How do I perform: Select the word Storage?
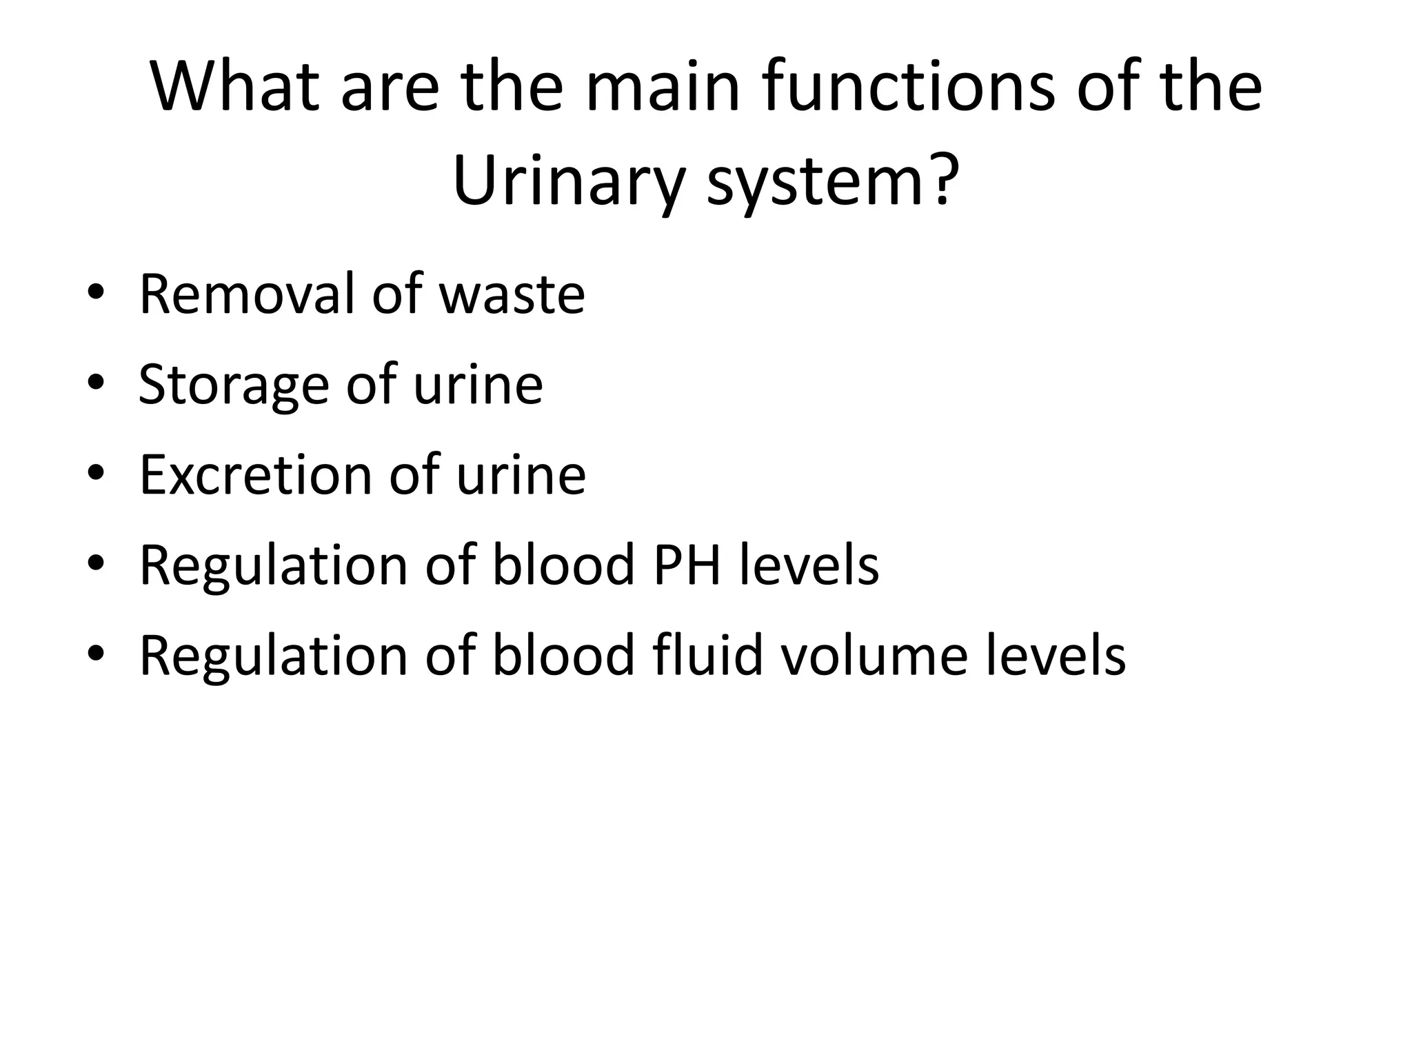[x=234, y=385]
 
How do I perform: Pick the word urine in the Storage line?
[x=478, y=385]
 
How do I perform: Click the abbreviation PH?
[x=687, y=565]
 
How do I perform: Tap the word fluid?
[x=707, y=655]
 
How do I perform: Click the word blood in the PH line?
[x=563, y=565]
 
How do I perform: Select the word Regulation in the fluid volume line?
[x=273, y=656]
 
